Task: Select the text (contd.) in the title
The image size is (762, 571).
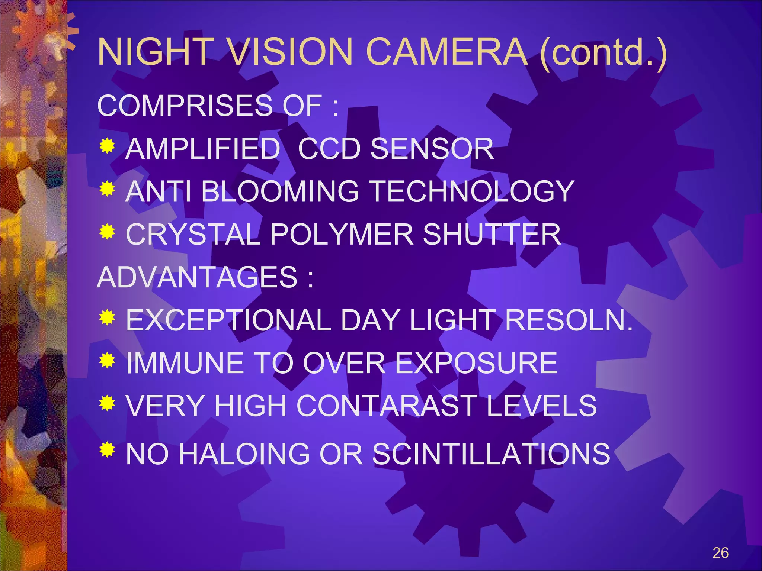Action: coord(603,53)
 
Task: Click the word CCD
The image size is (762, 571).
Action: coord(329,149)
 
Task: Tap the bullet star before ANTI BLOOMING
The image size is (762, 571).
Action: coord(107,189)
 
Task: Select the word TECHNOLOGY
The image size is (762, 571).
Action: coord(473,192)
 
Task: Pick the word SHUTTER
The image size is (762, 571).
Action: coord(492,235)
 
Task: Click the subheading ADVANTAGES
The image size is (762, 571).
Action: coord(197,277)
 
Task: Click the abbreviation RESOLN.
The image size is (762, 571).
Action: coord(569,320)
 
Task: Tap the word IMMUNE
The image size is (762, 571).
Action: coord(184,363)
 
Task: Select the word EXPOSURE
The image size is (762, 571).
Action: coord(476,363)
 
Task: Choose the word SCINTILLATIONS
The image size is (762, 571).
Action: coord(491,454)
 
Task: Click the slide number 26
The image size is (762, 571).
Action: coord(720,553)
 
